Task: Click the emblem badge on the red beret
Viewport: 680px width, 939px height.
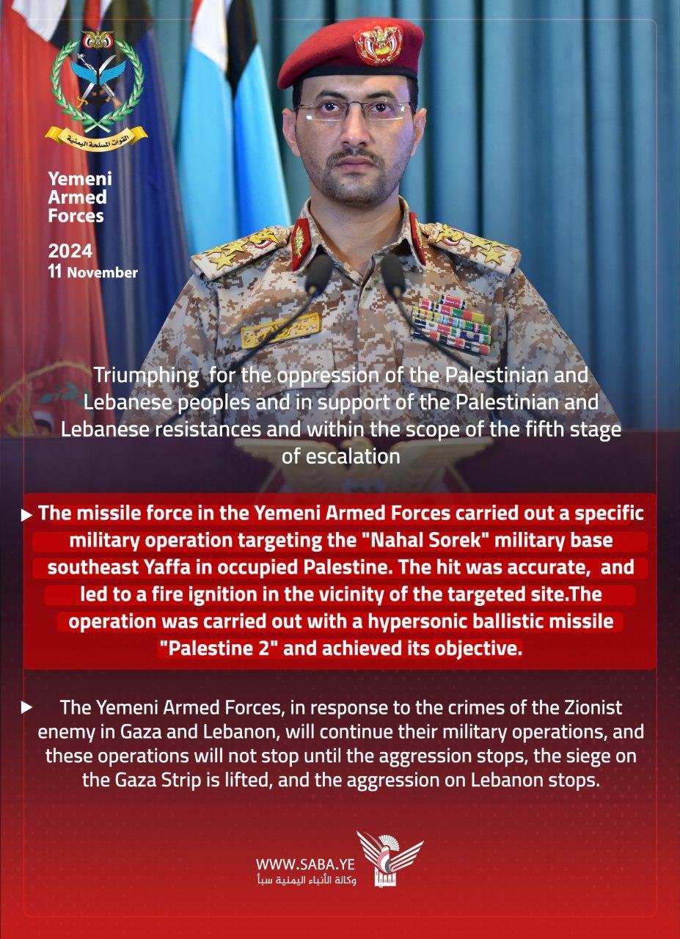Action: click(x=378, y=43)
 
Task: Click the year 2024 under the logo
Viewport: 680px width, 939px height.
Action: click(x=70, y=252)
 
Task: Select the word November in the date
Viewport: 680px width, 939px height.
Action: click(x=103, y=273)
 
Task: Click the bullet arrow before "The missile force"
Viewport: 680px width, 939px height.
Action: click(x=28, y=515)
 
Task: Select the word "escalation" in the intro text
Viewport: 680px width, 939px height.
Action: click(x=341, y=456)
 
